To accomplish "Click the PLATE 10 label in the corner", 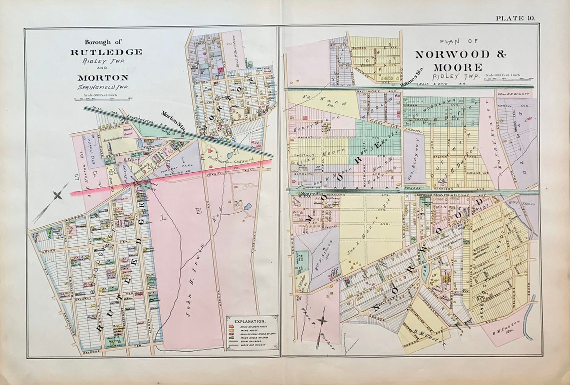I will point(515,18).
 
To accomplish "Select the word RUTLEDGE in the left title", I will point(106,52).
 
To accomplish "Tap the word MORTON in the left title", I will point(102,77).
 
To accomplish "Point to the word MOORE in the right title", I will point(457,67).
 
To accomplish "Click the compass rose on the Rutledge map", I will point(57,194).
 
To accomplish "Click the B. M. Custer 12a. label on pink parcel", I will point(507,329).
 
